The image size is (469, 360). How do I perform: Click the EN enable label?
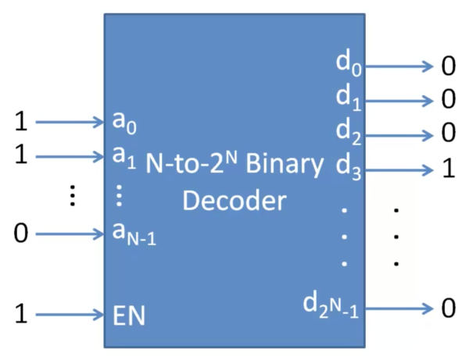[x=128, y=315]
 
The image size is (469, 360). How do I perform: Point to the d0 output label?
[x=349, y=65]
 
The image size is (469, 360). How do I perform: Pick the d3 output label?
[x=349, y=168]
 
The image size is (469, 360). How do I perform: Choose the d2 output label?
[x=349, y=133]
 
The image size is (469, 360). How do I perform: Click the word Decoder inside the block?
[x=234, y=201]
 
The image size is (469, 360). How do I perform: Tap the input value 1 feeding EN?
[x=21, y=315]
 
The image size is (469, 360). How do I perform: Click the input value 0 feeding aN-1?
[x=21, y=233]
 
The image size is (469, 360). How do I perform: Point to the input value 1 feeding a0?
[x=21, y=122]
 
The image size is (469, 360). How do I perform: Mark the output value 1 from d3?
[x=448, y=169]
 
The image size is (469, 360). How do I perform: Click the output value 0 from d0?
[x=448, y=66]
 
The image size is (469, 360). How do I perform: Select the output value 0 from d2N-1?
[x=448, y=308]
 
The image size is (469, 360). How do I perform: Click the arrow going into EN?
[x=70, y=315]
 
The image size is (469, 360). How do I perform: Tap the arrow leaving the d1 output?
[x=399, y=101]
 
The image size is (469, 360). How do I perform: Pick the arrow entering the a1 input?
[x=70, y=155]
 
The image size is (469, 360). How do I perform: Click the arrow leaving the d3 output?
[x=399, y=169]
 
